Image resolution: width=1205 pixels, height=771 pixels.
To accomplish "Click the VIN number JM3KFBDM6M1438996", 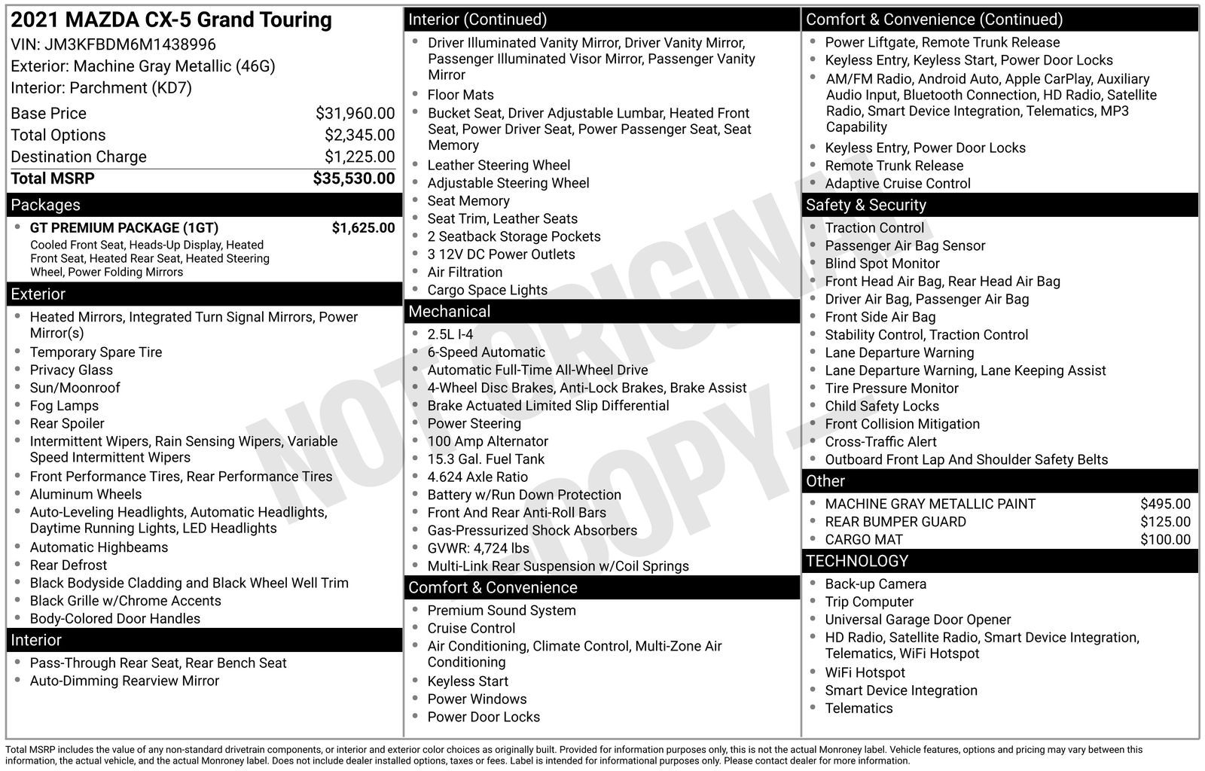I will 130,44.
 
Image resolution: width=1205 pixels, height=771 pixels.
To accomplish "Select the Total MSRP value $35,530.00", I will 353,178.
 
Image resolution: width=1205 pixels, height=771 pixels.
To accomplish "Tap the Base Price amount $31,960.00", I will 355,114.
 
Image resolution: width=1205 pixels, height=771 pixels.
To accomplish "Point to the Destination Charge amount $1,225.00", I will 359,157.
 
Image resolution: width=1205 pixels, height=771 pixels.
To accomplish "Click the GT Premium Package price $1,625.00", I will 363,228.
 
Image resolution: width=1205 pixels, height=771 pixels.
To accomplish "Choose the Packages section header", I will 45,205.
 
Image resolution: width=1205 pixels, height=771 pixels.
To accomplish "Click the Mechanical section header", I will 449,312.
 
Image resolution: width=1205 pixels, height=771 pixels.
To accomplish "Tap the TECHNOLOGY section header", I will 857,561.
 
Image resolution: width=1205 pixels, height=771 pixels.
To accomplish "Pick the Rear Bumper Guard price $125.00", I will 1165,522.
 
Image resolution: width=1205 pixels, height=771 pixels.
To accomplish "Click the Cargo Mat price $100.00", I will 1165,540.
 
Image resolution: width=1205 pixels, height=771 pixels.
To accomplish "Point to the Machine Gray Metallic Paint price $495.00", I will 1165,504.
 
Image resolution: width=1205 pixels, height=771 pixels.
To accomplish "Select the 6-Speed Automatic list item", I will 486,352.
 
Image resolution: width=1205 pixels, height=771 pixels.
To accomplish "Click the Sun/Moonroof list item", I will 75,388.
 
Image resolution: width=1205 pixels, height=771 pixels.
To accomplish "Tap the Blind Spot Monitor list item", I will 882,264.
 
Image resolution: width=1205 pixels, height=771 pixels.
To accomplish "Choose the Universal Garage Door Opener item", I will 917,620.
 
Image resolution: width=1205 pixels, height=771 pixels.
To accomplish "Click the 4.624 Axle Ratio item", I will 477,477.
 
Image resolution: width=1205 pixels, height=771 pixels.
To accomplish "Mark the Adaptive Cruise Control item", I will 897,184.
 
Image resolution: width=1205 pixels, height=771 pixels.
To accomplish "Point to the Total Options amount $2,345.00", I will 359,136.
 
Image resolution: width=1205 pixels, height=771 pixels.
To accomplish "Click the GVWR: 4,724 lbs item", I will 478,549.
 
